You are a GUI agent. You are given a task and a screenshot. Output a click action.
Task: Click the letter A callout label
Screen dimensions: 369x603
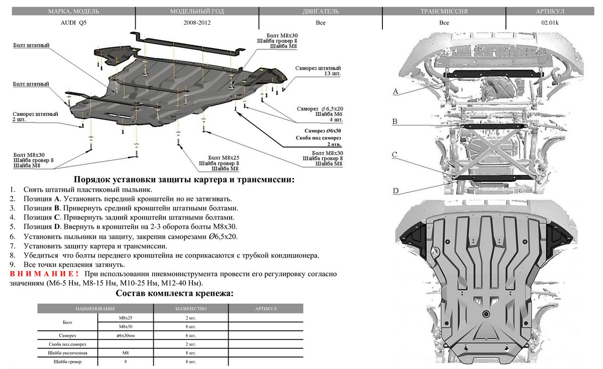[395, 91]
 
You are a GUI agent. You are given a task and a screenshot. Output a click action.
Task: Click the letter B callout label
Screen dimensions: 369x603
[395, 122]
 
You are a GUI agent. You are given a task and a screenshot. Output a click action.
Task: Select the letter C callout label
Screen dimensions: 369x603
[395, 155]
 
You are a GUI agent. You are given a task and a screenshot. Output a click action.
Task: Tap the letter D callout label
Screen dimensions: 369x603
[395, 191]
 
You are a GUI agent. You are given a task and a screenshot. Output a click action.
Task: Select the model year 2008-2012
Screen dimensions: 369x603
[197, 23]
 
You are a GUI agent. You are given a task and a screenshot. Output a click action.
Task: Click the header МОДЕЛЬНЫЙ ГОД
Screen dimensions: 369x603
[197, 11]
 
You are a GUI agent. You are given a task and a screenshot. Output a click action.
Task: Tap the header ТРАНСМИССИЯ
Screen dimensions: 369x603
[444, 11]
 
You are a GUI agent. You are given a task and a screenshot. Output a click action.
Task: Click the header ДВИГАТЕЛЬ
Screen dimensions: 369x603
[321, 11]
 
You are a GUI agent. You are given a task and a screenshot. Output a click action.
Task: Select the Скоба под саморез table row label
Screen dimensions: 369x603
[67, 344]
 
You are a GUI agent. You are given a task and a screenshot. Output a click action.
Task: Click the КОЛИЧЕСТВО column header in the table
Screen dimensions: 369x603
[191, 309]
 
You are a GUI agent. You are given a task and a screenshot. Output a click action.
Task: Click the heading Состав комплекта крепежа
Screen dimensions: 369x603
[174, 293]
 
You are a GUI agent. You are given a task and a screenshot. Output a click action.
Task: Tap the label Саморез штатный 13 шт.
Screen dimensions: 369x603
[318, 70]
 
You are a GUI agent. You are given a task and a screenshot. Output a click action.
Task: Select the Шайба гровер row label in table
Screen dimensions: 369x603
[67, 361]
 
